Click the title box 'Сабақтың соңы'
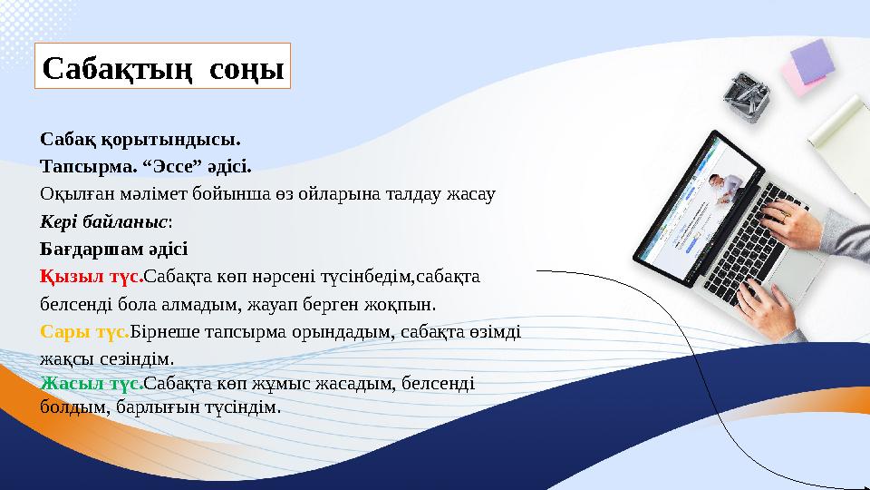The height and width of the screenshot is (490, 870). coord(163,67)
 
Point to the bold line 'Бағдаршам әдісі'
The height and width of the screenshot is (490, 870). coord(114,248)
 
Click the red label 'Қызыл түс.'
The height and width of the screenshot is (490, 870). coord(92,275)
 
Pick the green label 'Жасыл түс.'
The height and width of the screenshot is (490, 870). coord(92,383)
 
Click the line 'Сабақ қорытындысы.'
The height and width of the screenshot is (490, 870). coord(140,141)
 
